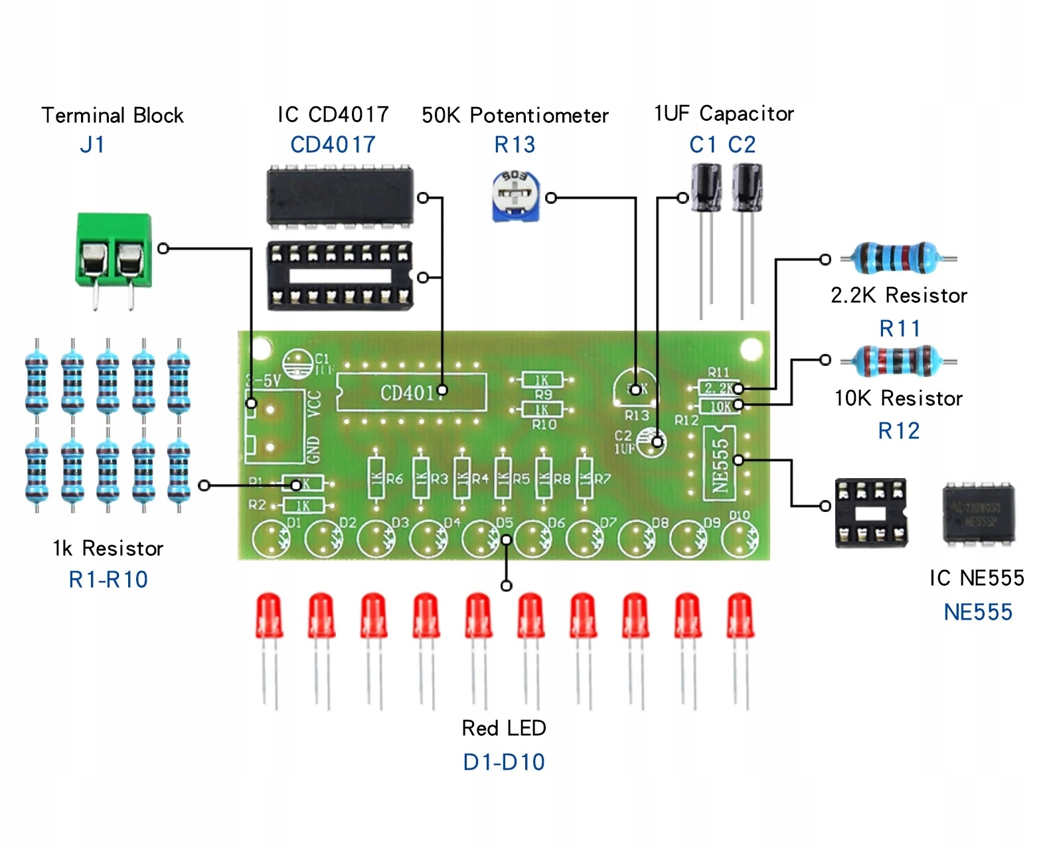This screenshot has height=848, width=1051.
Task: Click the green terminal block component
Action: (114, 250)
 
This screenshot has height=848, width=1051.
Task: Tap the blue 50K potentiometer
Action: (516, 195)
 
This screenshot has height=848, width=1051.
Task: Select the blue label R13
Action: (515, 145)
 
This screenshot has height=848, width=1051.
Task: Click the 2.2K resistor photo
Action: (896, 258)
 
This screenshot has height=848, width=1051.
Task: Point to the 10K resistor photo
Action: (896, 361)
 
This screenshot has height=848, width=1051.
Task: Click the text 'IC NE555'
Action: (976, 578)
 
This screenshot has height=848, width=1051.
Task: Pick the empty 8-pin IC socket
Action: (870, 513)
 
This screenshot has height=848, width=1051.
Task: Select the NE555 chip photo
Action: (978, 513)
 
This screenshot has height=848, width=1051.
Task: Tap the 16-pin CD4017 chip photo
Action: (340, 196)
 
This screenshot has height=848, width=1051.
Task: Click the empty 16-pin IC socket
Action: (340, 276)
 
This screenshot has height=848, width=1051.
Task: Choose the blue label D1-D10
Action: (504, 762)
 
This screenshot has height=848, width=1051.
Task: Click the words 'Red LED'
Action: (504, 728)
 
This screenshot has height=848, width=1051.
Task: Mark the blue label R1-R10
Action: (108, 580)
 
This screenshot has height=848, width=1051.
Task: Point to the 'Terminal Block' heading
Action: (112, 115)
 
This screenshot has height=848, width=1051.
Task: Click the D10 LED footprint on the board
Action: (739, 537)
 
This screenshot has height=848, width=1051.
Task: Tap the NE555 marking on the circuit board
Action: (720, 464)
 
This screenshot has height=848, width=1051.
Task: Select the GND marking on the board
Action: (314, 450)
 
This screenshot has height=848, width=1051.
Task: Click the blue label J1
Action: (92, 145)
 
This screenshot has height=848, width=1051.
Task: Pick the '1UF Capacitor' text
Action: (724, 114)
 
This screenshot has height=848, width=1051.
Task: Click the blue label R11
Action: (900, 328)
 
